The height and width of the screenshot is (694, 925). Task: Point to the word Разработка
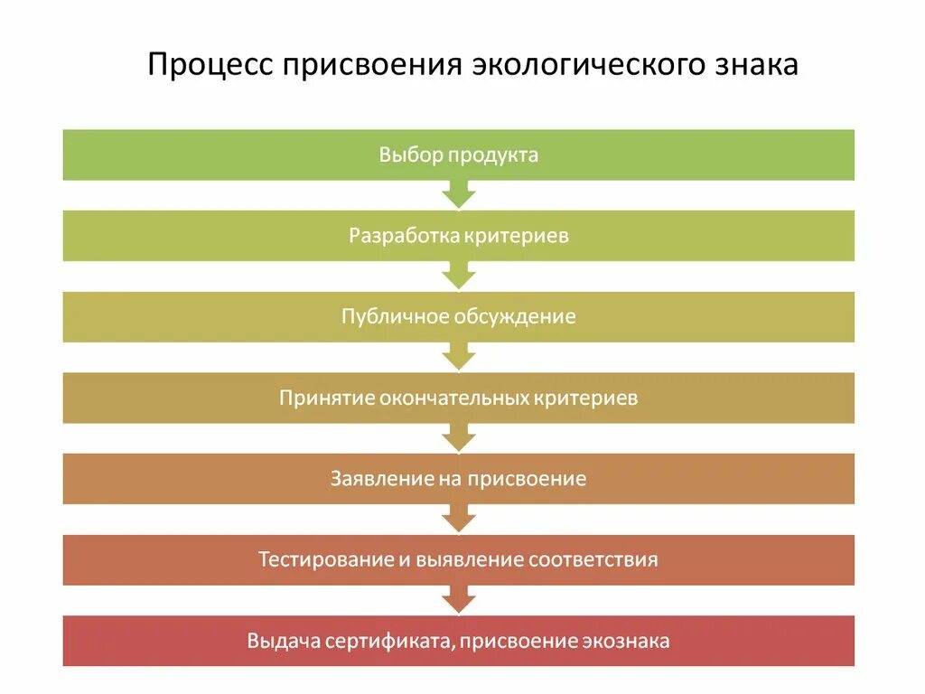coord(405,236)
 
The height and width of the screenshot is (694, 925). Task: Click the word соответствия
coord(593,559)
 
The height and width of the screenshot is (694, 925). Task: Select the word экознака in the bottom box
coord(626,641)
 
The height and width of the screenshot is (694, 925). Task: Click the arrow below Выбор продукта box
coord(459,193)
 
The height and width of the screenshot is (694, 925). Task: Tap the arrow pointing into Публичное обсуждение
coord(459,275)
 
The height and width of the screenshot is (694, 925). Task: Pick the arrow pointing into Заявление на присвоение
coord(459,436)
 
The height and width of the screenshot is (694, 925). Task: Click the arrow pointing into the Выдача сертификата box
coord(459,598)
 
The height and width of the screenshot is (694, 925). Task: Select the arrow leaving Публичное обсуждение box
coord(459,355)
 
